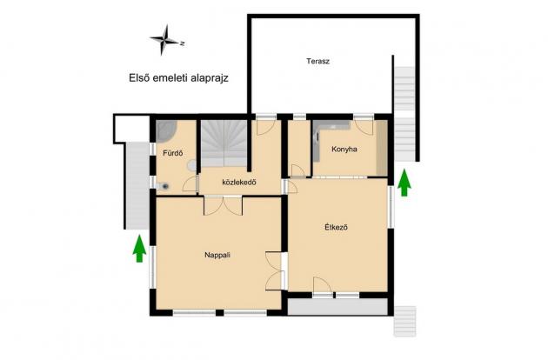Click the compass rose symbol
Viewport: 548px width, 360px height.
(164, 39)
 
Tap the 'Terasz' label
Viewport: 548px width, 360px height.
(317, 62)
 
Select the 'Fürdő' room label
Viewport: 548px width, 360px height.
(171, 154)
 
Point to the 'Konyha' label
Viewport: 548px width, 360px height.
(344, 150)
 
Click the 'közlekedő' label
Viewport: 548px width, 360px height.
(237, 183)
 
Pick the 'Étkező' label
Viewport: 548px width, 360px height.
(336, 228)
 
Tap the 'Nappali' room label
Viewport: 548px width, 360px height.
(217, 255)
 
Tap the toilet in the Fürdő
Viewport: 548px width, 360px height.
(164, 183)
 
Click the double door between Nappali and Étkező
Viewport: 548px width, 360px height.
(276, 270)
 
